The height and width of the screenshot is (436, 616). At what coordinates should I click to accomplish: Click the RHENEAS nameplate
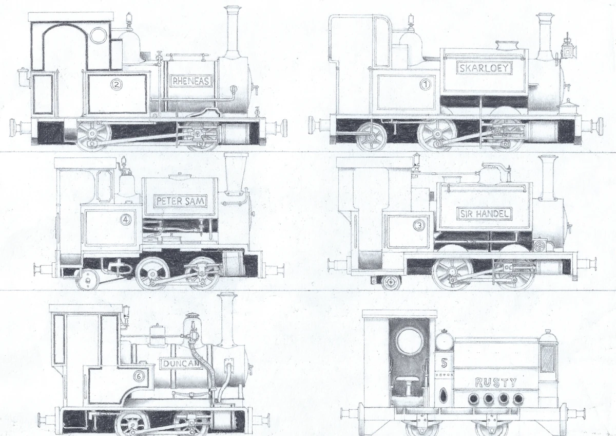coord(191,81)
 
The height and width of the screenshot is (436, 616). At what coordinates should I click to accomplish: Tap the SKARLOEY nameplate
coord(484,68)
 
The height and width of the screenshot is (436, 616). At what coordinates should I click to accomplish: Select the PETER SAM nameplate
coord(181,201)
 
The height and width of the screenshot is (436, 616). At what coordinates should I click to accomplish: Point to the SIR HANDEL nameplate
coord(484,214)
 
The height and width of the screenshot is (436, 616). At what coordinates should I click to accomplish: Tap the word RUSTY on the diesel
coord(495,383)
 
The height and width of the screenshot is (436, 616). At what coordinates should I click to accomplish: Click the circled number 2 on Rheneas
coord(117,84)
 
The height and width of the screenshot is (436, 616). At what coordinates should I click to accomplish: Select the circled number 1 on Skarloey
coord(425,84)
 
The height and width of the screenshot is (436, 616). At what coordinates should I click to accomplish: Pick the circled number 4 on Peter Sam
coord(126,220)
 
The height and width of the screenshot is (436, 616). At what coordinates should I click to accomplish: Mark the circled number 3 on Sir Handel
coord(419,226)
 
